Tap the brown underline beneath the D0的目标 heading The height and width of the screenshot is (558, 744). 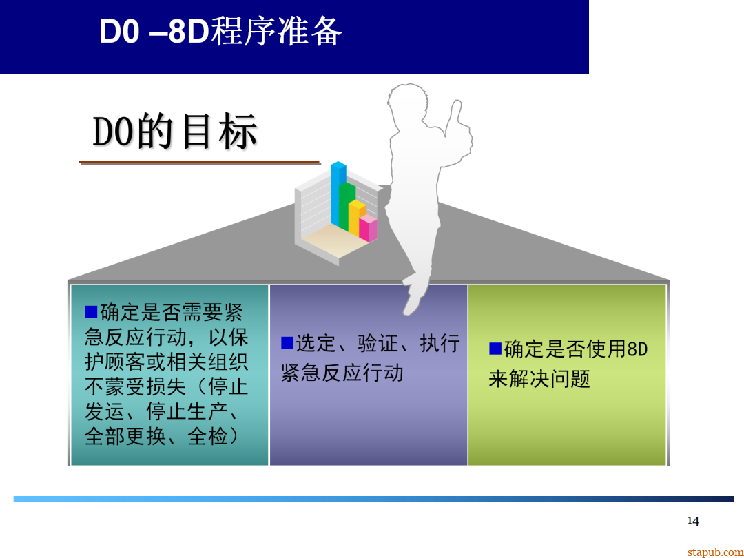tap(199, 163)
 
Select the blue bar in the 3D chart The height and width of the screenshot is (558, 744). tap(337, 193)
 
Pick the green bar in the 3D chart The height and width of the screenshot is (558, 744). tap(347, 207)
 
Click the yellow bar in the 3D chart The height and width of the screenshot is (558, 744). tap(357, 218)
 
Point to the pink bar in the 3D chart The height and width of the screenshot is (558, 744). tap(368, 228)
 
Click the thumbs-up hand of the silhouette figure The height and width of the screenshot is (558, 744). tap(458, 124)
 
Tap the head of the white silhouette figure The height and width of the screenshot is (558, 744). tap(404, 103)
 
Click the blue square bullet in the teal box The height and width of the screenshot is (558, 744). tap(91, 312)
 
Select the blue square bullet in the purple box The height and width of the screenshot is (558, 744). tap(287, 342)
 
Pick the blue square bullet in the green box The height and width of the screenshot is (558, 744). tap(495, 349)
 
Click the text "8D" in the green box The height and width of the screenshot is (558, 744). tap(637, 349)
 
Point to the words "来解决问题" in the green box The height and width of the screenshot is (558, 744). tap(539, 380)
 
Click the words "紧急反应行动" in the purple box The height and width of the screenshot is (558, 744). tap(342, 373)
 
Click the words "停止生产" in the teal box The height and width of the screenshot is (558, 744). tap(187, 411)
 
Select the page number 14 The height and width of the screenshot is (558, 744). tap(693, 521)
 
